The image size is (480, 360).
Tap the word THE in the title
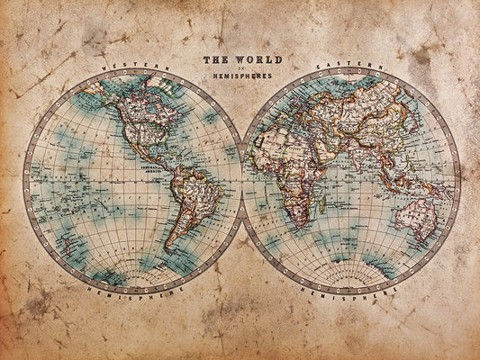click(215, 60)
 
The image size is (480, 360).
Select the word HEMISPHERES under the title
click(242, 77)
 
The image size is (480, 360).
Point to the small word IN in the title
click(241, 69)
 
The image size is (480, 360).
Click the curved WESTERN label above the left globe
click(135, 68)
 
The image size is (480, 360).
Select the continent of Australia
click(415, 216)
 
